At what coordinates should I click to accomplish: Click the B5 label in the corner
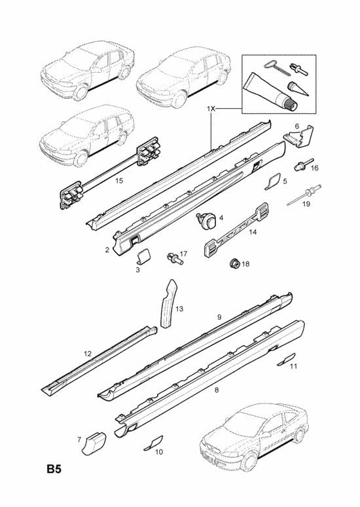(54, 469)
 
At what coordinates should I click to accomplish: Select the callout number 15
(119, 180)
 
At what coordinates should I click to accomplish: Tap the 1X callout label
(211, 109)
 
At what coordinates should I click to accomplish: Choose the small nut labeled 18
(234, 263)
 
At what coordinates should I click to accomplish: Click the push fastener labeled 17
(175, 258)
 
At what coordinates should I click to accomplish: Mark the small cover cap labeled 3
(144, 255)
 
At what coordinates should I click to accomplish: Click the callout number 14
(253, 232)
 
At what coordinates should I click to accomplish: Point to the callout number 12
(88, 354)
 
